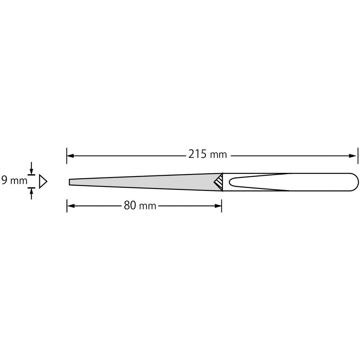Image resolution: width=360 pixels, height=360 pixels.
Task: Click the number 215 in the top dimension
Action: [197, 155]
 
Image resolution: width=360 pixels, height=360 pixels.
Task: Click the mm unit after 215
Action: [218, 155]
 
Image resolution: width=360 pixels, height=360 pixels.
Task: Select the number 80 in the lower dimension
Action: [130, 206]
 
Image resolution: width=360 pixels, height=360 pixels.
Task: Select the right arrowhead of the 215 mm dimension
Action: [353, 156]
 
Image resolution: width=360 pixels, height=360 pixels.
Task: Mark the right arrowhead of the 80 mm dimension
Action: [218, 206]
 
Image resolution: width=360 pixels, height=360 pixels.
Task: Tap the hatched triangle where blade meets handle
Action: [218, 182]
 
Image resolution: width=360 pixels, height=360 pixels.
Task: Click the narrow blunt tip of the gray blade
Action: [70, 182]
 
